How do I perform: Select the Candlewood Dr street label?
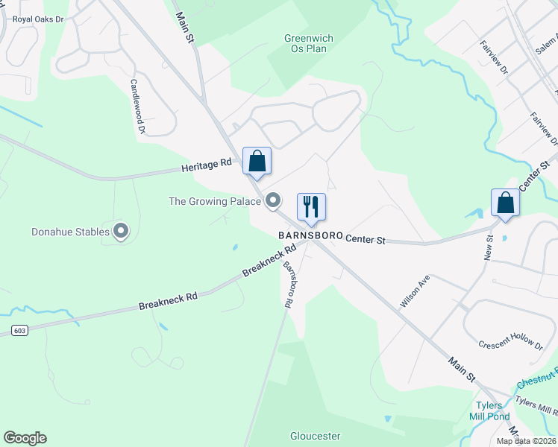(x=137, y=107)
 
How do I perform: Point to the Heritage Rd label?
(x=207, y=167)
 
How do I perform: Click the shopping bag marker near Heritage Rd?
(x=257, y=162)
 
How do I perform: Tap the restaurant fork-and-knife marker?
(x=312, y=207)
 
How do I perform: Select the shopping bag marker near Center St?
(x=505, y=203)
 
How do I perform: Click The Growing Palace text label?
(x=214, y=201)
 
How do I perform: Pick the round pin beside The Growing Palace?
(x=274, y=200)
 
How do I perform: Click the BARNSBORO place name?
(x=310, y=235)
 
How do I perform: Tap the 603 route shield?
(x=20, y=330)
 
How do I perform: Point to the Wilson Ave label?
(x=415, y=291)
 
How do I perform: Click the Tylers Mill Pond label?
(x=489, y=411)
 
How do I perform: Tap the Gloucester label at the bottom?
(x=316, y=436)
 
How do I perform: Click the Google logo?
(x=25, y=438)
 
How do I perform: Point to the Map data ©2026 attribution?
(x=524, y=441)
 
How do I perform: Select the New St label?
(x=490, y=248)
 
